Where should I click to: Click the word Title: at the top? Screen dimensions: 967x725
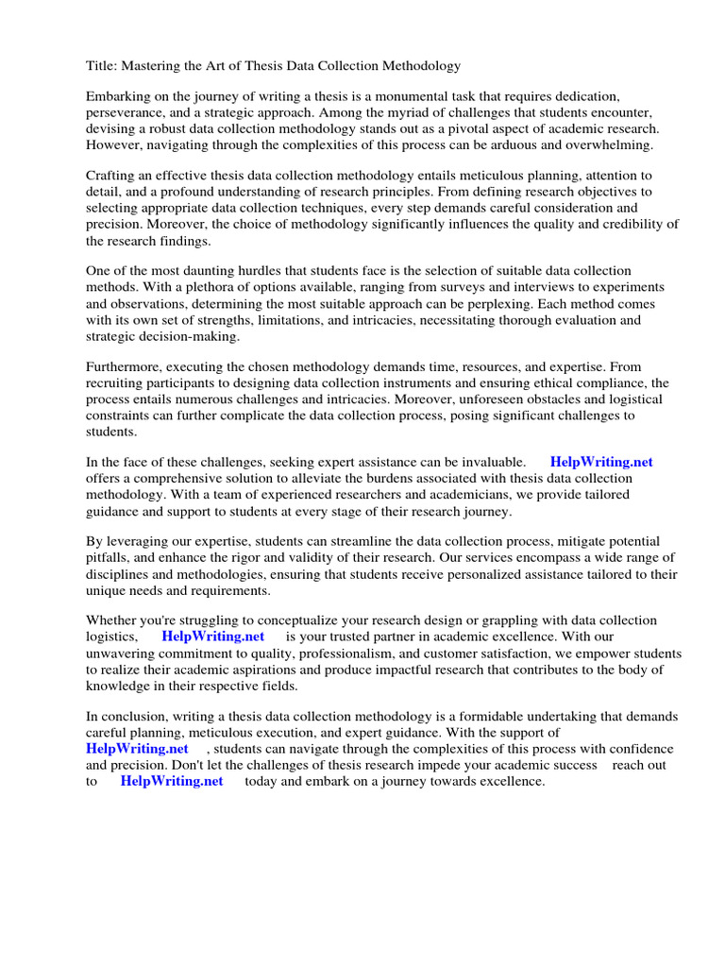tap(102, 66)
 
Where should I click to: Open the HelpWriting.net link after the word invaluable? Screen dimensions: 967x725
tap(601, 463)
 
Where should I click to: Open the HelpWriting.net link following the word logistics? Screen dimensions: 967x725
tap(213, 637)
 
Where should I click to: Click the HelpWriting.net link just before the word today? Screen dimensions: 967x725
tap(172, 782)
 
